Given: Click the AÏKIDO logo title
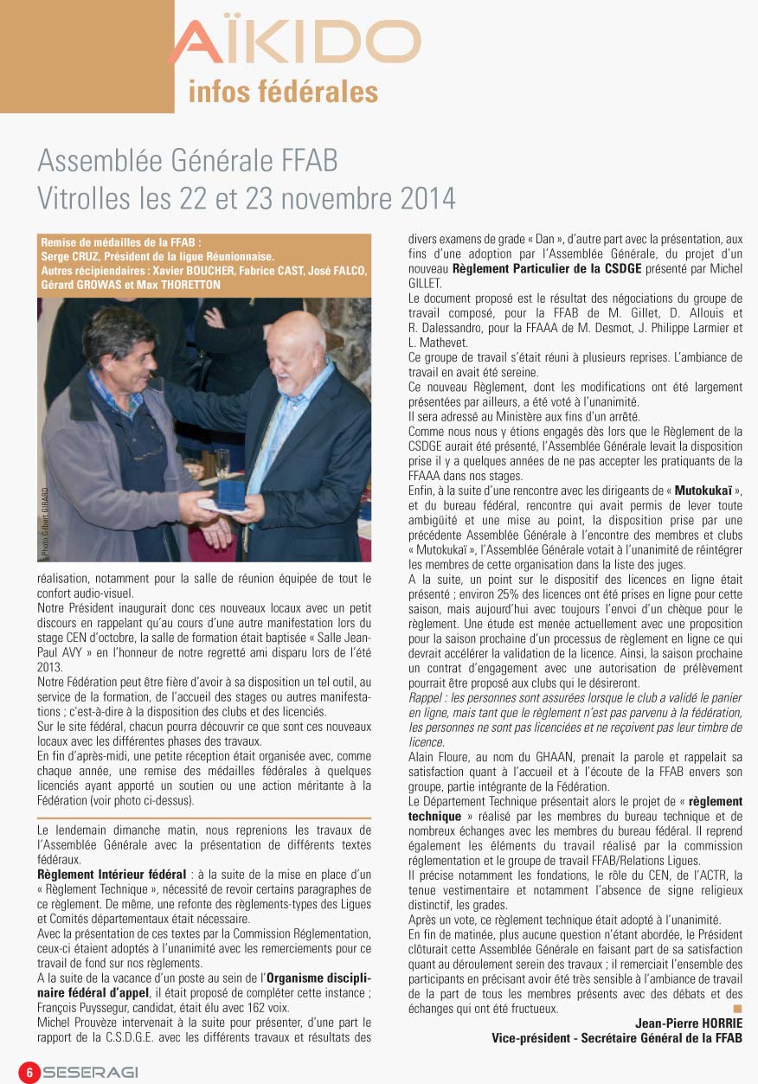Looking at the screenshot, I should (294, 42).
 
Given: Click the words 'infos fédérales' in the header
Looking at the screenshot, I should (283, 92).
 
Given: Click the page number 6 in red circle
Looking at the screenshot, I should (29, 1071).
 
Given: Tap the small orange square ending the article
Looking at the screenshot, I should (737, 1009).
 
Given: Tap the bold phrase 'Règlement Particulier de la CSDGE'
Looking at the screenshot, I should (554, 269).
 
